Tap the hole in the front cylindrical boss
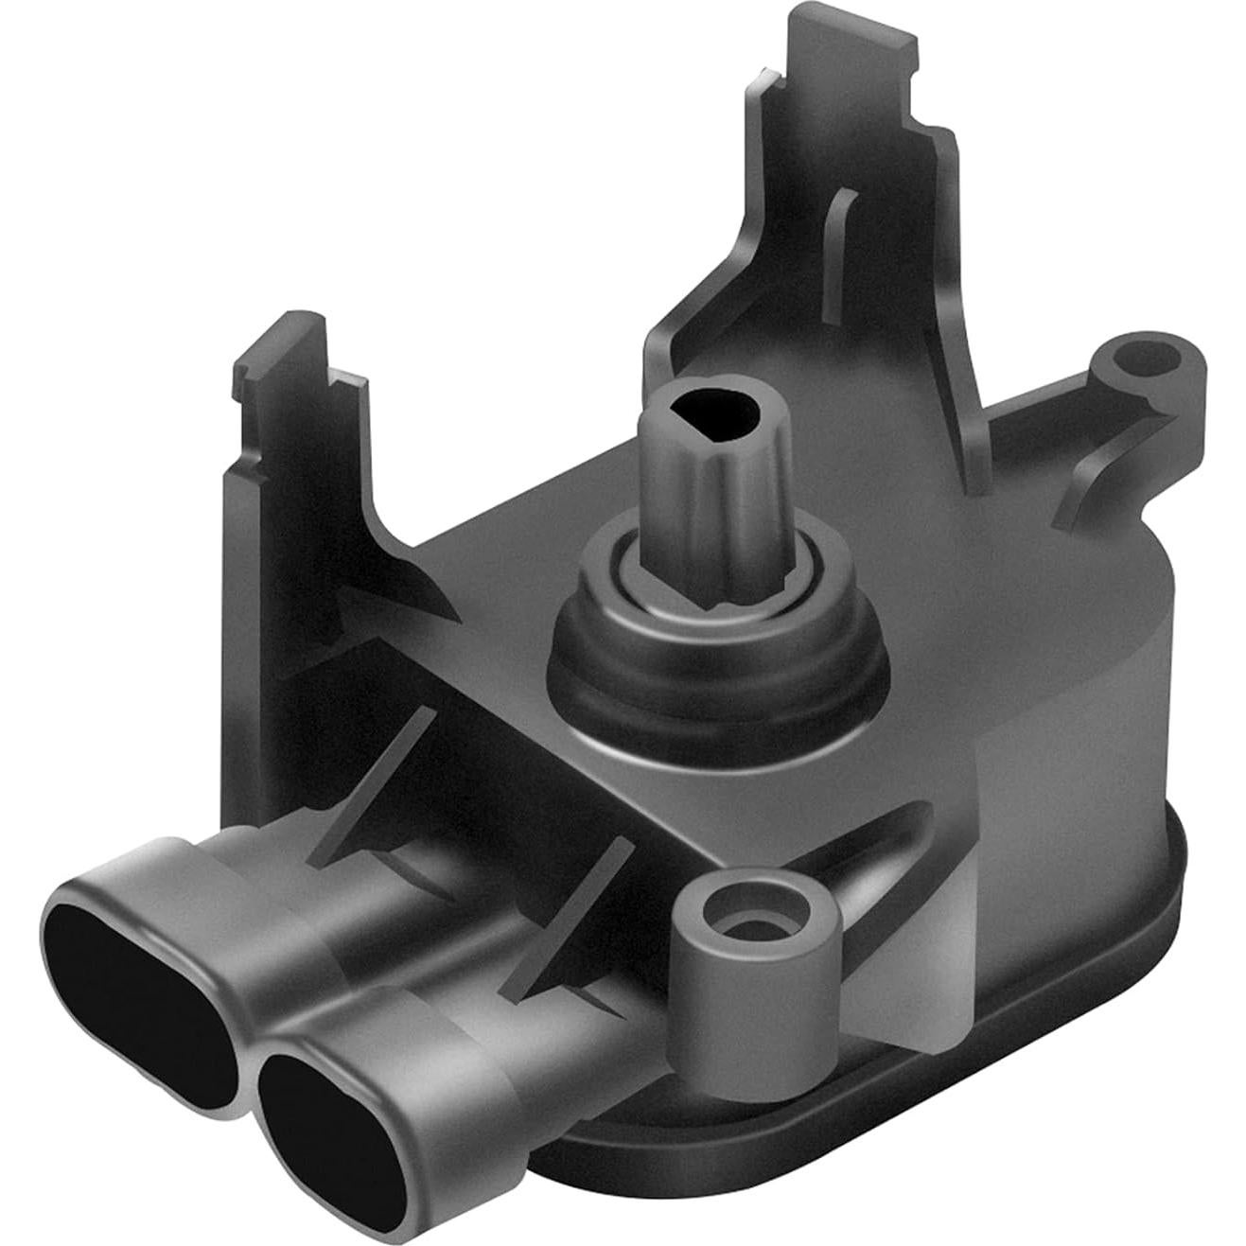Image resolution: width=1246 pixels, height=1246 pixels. (753, 922)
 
